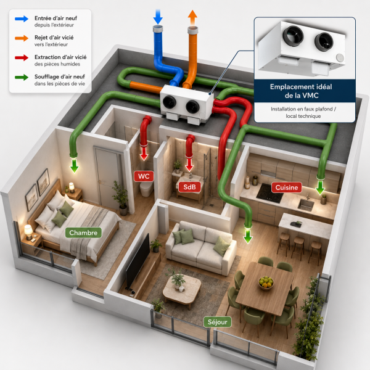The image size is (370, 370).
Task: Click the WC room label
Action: click(144, 176)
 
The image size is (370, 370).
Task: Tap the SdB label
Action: click(189, 187)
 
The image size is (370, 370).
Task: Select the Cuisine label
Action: click(287, 187)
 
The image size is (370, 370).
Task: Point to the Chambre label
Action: click(83, 232)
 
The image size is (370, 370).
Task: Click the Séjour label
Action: click(217, 322)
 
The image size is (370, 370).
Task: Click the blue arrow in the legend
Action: click(22, 19)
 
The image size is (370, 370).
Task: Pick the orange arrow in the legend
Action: click(22, 38)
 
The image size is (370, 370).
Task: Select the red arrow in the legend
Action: click(22, 57)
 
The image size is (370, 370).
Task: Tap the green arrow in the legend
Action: click(22, 77)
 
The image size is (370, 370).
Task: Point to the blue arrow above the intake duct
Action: click(158, 17)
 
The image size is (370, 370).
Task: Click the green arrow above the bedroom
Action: click(75, 165)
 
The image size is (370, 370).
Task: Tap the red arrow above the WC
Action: click(144, 154)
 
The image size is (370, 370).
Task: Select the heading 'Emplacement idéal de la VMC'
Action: click(302, 91)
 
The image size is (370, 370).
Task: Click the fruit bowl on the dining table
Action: click(266, 282)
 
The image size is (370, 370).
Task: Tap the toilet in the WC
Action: click(147, 188)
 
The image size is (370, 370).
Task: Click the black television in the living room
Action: click(138, 261)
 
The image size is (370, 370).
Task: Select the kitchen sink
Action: click(306, 205)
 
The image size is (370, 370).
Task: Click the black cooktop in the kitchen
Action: click(269, 193)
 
